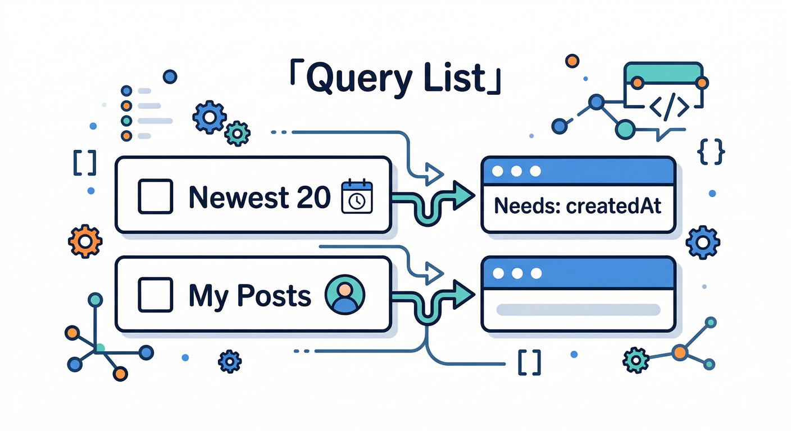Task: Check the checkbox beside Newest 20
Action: click(x=155, y=196)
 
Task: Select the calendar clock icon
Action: click(x=357, y=196)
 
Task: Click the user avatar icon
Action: click(x=345, y=295)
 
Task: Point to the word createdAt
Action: click(x=613, y=207)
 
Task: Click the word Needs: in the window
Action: click(x=526, y=207)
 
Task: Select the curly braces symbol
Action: click(x=711, y=150)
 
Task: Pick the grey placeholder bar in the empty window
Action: click(x=578, y=310)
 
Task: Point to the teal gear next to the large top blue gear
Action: click(x=237, y=134)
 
